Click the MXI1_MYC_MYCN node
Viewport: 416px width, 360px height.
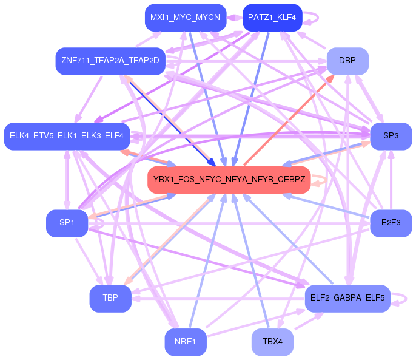click(x=186, y=18)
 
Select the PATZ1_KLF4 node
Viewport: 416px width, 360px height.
click(x=272, y=18)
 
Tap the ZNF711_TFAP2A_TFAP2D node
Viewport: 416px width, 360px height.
click(x=110, y=61)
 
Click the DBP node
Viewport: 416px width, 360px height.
click(x=347, y=61)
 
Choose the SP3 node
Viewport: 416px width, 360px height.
click(x=391, y=136)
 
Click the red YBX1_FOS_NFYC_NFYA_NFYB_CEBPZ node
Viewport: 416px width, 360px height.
click(x=229, y=180)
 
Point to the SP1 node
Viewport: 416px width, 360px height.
click(x=67, y=223)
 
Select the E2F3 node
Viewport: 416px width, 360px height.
click(x=391, y=223)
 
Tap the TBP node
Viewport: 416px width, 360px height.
click(x=110, y=298)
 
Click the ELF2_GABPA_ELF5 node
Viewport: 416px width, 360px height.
click(x=347, y=298)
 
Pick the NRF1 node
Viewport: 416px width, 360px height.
click(x=186, y=342)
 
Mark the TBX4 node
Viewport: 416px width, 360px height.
click(x=272, y=342)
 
